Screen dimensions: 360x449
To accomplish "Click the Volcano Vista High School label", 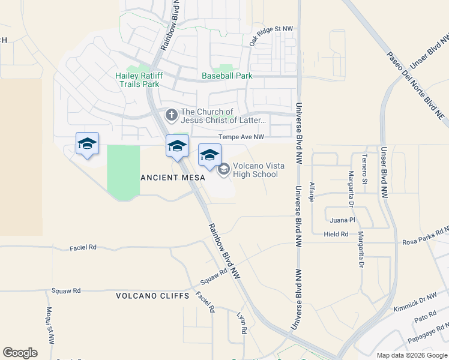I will coord(255,170).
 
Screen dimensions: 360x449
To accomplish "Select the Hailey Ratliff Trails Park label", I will coord(137,80).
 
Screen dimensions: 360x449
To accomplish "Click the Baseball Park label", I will coord(227,76).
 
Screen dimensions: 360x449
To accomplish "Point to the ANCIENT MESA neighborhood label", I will coord(172,178).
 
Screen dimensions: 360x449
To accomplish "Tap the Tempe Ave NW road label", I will coord(241,137).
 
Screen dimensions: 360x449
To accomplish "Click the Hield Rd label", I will coord(336,235).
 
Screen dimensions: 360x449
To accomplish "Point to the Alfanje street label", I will coord(311,191).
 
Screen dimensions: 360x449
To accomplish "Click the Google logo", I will coord(20,353).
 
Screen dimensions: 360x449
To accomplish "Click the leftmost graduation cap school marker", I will coord(87,144).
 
